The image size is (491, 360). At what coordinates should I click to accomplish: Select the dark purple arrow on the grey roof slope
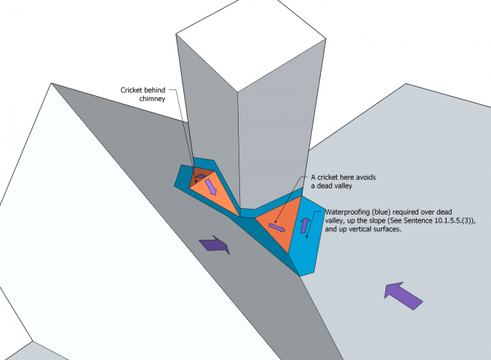[216, 244]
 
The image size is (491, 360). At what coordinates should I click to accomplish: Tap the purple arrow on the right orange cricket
[277, 228]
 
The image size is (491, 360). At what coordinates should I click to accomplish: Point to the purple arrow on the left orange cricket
[211, 188]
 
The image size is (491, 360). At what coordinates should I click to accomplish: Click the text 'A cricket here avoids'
[346, 177]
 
